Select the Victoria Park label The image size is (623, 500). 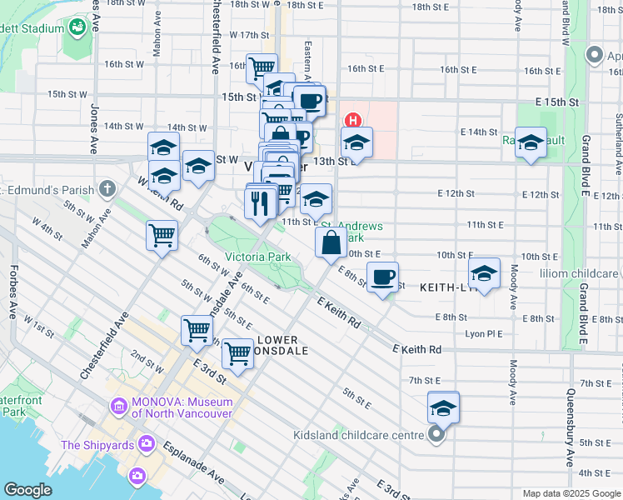pos(257,257)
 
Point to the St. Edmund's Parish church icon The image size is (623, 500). pos(107,189)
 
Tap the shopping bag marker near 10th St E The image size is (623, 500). pos(331,242)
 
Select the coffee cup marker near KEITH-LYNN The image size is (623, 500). pos(382,277)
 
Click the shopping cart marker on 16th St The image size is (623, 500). pos(262,67)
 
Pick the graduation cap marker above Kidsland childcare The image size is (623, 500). pos(443,407)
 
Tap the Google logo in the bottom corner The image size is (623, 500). pos(27,490)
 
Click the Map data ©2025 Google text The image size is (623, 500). pos(571,493)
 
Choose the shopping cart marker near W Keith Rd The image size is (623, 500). pos(162,234)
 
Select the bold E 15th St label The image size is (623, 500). pos(556,101)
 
